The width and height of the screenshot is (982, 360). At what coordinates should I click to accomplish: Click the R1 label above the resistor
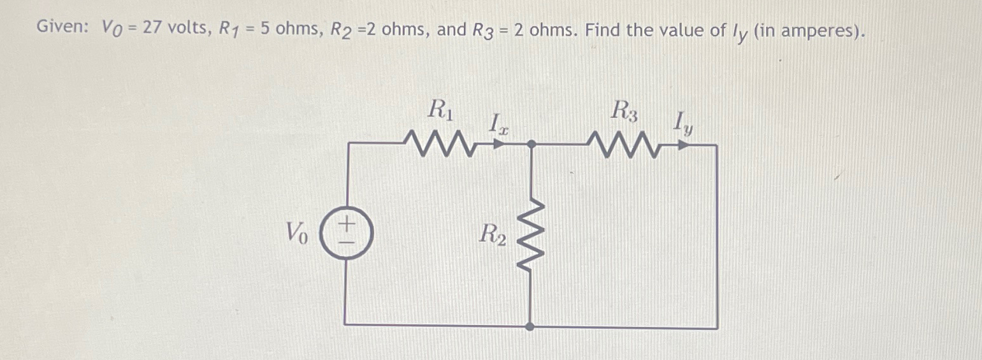pyautogui.click(x=440, y=111)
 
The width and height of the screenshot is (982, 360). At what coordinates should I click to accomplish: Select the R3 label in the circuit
pyautogui.click(x=624, y=111)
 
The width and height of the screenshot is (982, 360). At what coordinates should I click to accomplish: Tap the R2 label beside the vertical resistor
pyautogui.click(x=493, y=234)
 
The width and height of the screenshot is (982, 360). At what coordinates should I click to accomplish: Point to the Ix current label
pyautogui.click(x=497, y=124)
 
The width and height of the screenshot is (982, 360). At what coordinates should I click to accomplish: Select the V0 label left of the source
pyautogui.click(x=297, y=233)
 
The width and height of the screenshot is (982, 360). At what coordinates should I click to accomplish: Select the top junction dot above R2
pyautogui.click(x=531, y=145)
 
